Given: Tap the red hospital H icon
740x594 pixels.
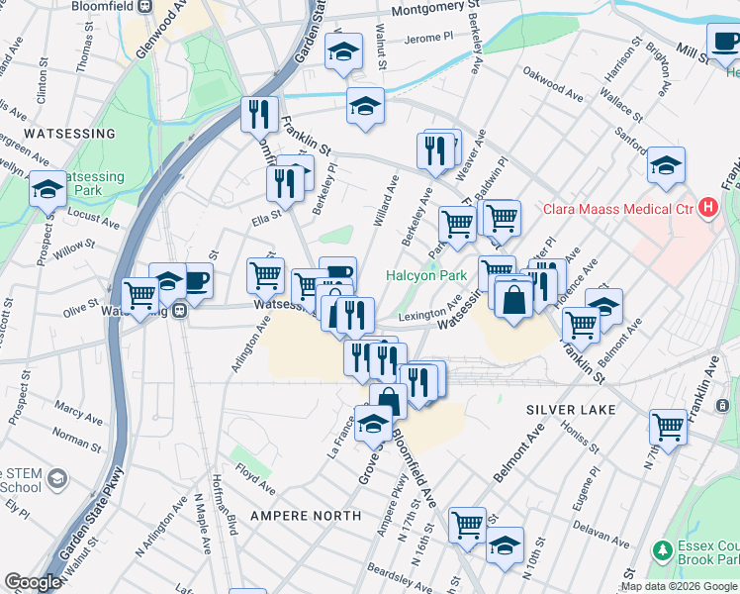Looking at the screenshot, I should tap(707, 208).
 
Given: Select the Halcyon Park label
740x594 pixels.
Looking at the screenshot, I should tap(425, 275).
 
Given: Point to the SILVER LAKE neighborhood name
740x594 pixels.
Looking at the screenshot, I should tap(571, 409).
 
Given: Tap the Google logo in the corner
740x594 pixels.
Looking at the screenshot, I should tap(33, 582).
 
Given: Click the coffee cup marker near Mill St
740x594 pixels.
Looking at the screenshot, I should tap(725, 42).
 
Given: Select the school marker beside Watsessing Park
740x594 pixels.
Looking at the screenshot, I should tap(47, 188).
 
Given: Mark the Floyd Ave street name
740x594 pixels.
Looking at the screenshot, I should tap(255, 482).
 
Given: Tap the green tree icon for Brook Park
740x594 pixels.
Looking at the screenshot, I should tap(661, 549).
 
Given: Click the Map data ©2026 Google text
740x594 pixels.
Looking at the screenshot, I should tap(679, 586).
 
